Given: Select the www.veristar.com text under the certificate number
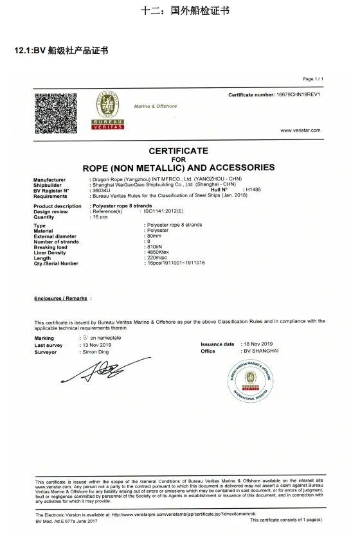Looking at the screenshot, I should [x=300, y=130].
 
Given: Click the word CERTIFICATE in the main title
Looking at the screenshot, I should [x=179, y=151].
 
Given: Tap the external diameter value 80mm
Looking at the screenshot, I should [x=154, y=236].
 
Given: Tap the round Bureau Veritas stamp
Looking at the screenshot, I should [x=250, y=381].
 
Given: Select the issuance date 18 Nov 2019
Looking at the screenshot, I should [x=258, y=344].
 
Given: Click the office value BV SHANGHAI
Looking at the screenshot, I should [x=260, y=351].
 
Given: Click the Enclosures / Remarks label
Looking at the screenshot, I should [x=60, y=299].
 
